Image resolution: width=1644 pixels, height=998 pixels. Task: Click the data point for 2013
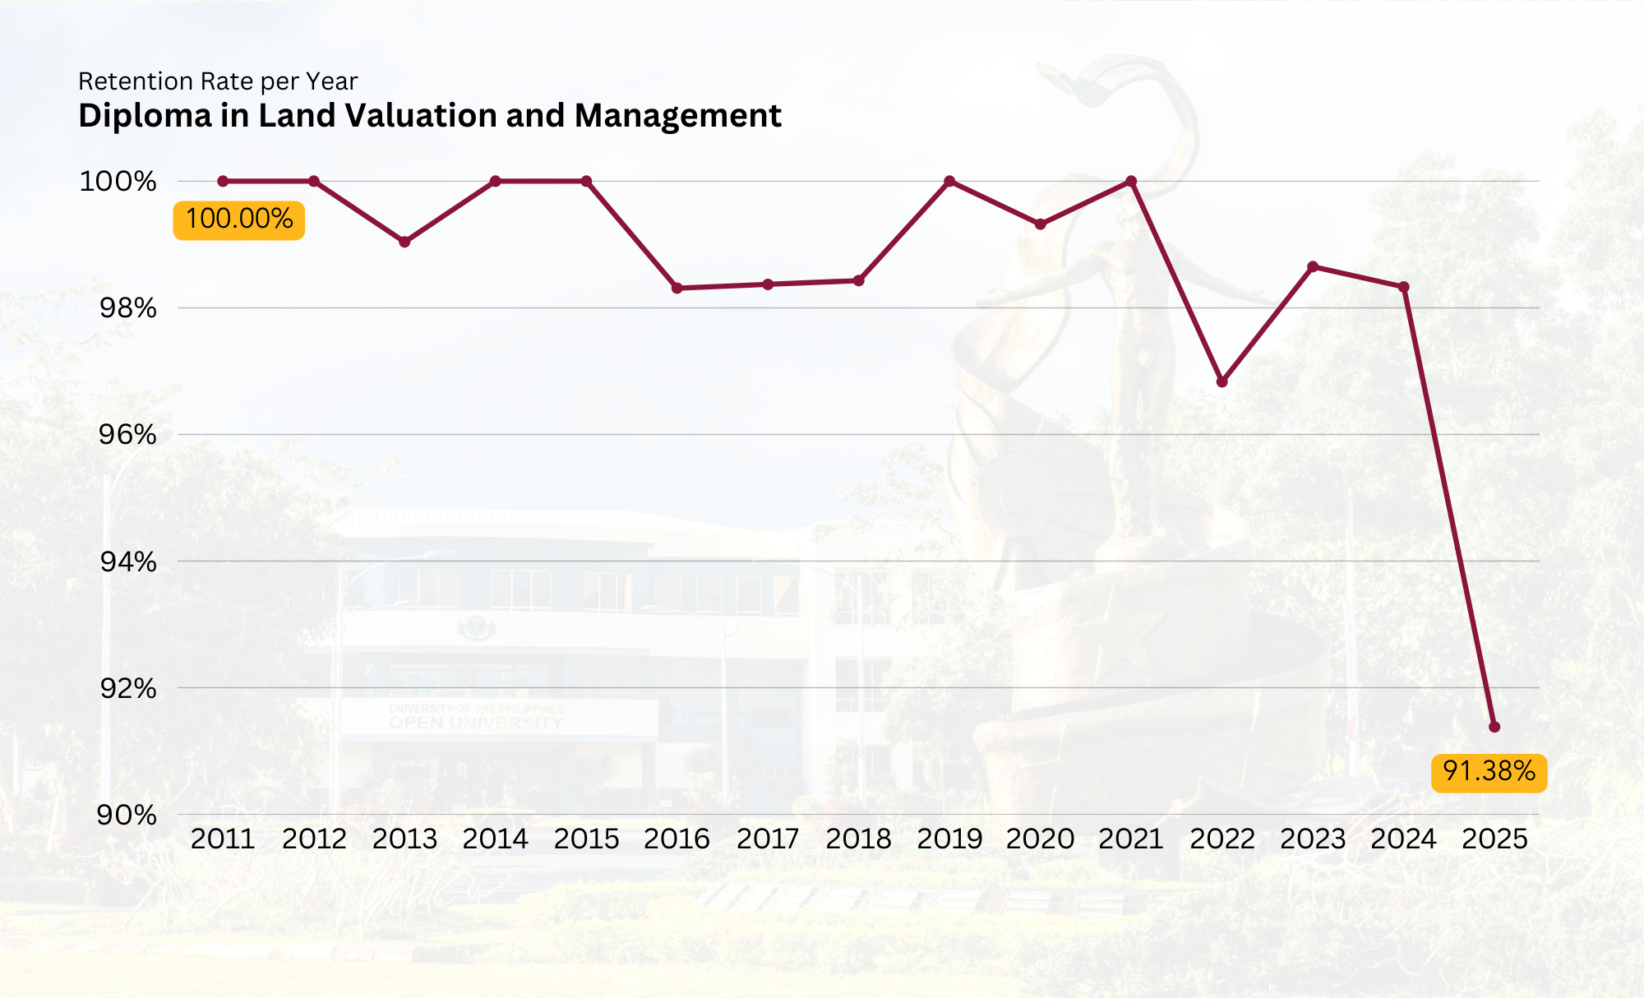click(x=404, y=242)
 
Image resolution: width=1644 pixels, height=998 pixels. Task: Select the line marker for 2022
click(x=1222, y=381)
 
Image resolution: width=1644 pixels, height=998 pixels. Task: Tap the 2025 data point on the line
click(x=1494, y=727)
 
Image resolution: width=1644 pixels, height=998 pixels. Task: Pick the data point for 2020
click(x=1041, y=224)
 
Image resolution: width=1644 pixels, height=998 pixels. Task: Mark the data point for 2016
click(x=677, y=288)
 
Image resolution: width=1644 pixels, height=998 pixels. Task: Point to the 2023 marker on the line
click(x=1313, y=266)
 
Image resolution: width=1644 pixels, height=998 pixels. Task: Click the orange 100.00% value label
click(x=239, y=219)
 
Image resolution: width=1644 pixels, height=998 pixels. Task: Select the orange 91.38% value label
click(x=1489, y=772)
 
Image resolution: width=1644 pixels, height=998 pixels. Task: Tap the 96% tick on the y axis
click(x=127, y=435)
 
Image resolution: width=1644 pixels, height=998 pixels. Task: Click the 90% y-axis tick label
click(x=127, y=815)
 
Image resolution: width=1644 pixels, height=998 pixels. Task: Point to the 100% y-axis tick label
click(x=118, y=182)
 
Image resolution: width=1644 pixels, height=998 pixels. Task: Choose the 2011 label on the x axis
click(x=223, y=839)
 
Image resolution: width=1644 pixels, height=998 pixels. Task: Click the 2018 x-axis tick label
click(x=858, y=839)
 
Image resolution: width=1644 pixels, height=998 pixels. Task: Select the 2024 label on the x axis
click(x=1403, y=839)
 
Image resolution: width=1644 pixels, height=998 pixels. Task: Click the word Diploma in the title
click(x=145, y=116)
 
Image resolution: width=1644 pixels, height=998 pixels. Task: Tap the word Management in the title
click(x=678, y=116)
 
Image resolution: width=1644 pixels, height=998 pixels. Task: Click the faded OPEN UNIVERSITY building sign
click(x=476, y=723)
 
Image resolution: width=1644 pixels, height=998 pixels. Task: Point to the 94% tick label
click(x=128, y=562)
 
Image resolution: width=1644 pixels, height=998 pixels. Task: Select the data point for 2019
click(x=949, y=181)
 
